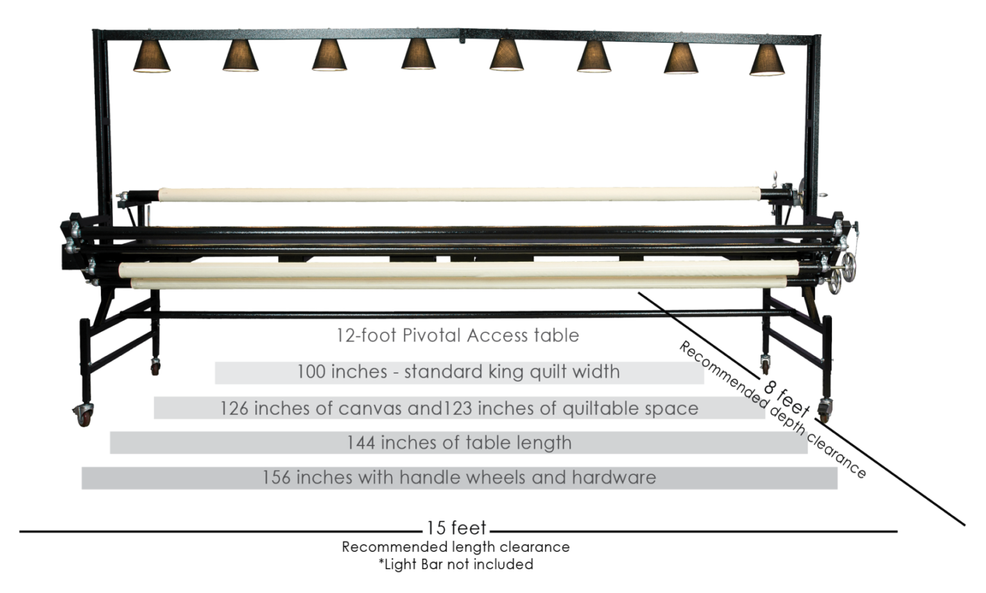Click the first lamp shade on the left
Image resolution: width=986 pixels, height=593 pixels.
click(x=151, y=56)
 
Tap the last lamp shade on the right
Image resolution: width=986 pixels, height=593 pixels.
click(x=767, y=60)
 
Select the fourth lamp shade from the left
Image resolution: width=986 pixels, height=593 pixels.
click(x=419, y=55)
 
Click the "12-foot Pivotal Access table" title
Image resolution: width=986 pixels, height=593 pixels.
click(x=457, y=335)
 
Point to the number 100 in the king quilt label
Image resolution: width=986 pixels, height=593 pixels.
click(x=311, y=372)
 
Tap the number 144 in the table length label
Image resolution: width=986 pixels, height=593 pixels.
click(x=361, y=443)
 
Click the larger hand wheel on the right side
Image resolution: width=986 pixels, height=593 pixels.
click(x=849, y=262)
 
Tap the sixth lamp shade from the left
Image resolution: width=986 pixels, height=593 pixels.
click(x=594, y=57)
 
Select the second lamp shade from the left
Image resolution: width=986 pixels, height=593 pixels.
click(x=241, y=56)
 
